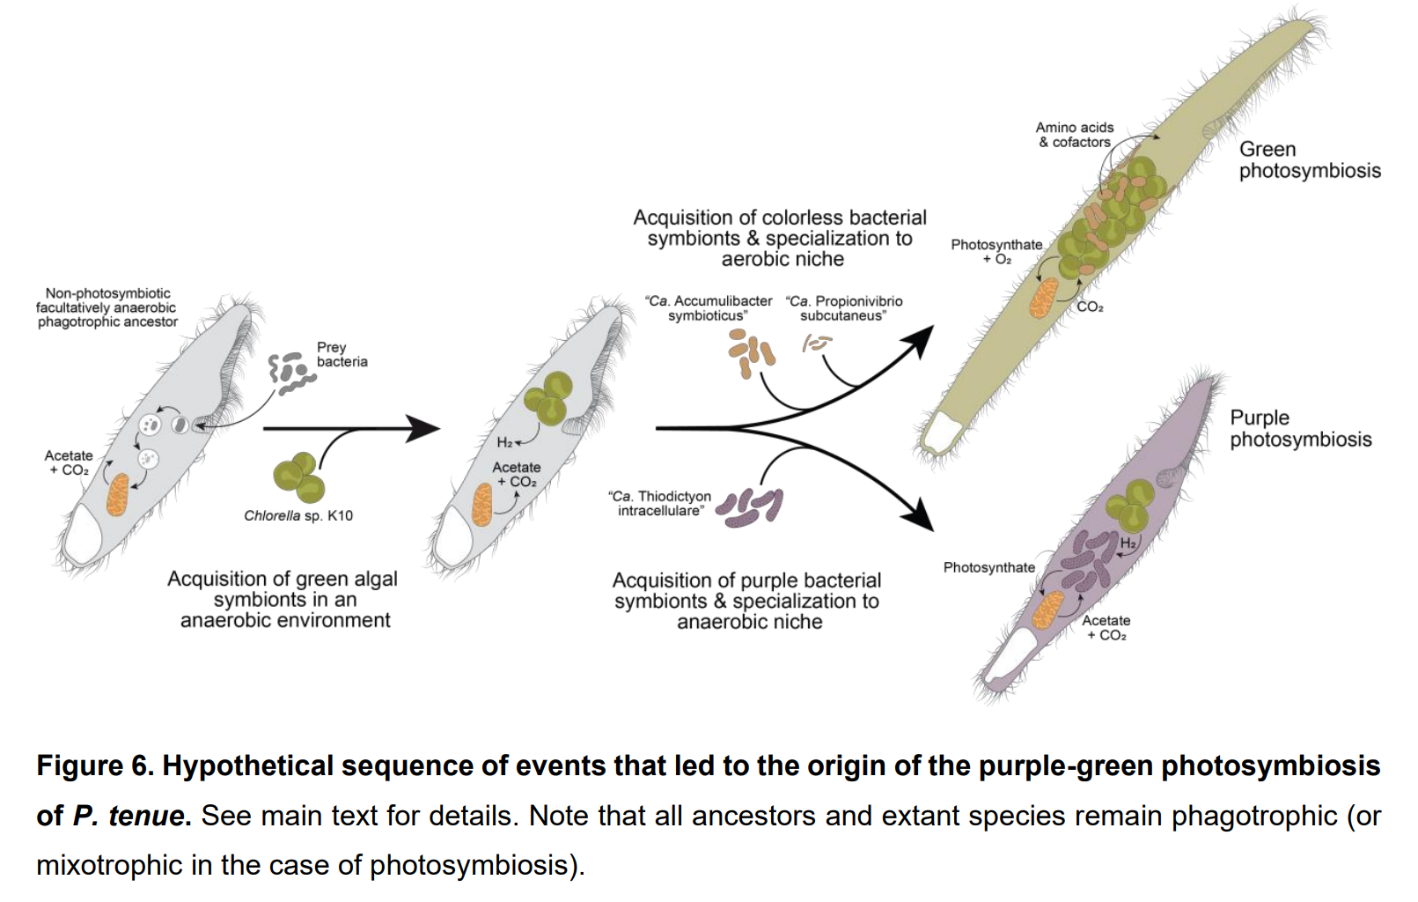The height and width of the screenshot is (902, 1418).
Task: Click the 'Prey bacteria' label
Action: [342, 354]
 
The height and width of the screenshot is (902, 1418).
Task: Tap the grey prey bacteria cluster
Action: [290, 373]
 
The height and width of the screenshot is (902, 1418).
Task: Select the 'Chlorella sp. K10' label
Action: [298, 515]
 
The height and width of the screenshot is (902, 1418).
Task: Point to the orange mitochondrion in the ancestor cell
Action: [118, 494]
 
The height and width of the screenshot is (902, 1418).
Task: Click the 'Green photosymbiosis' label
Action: [1309, 160]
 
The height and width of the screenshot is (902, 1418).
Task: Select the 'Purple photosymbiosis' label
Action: [1300, 428]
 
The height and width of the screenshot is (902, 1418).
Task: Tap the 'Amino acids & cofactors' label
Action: [1075, 135]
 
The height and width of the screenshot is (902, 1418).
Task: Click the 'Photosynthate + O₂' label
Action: [996, 251]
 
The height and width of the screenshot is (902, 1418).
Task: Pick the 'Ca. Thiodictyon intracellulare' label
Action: [660, 503]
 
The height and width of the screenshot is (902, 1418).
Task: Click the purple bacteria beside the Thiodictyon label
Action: [750, 507]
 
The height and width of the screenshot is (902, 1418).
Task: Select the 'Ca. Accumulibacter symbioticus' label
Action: [709, 308]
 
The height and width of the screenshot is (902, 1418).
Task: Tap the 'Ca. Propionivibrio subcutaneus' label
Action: [844, 308]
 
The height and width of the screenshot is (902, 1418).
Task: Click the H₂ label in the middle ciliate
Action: [504, 442]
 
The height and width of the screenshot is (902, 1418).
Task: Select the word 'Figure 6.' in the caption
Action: [95, 766]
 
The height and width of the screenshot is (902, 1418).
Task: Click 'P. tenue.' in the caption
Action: [132, 816]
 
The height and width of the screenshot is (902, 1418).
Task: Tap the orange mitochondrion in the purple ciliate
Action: [1047, 610]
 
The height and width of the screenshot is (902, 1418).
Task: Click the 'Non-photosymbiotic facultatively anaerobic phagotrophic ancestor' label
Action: [107, 307]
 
